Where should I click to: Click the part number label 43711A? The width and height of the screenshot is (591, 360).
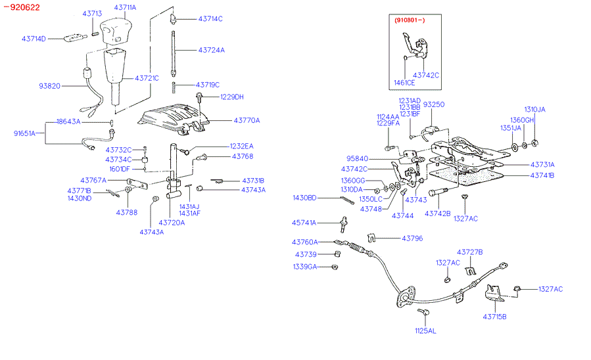(125, 7)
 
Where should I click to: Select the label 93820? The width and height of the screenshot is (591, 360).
(49, 85)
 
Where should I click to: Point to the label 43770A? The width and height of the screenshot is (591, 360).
(247, 120)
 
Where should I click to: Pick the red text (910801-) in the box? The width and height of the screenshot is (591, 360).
(410, 21)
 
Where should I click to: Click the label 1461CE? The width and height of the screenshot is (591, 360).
(404, 83)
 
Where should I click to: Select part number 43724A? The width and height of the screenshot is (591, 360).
(211, 50)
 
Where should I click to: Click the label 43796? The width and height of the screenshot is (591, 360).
(413, 238)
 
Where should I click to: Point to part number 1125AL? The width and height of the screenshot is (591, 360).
(425, 330)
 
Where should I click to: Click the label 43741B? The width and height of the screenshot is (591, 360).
(542, 175)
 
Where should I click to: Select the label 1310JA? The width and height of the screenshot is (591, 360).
(535, 109)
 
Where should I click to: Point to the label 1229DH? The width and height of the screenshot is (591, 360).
(231, 97)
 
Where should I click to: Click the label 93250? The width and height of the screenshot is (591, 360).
(433, 104)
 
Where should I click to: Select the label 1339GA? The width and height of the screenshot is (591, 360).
(305, 267)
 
